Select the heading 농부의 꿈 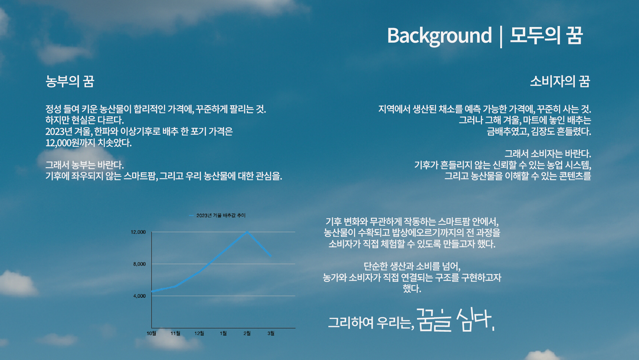click(x=70, y=81)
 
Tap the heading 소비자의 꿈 click(x=560, y=81)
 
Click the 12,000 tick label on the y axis click(x=138, y=232)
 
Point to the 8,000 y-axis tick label click(x=139, y=264)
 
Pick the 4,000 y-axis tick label click(x=139, y=296)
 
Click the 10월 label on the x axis click(x=151, y=333)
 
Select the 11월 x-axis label click(x=175, y=333)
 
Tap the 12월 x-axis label click(x=199, y=333)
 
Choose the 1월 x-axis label click(x=223, y=333)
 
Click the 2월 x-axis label click(x=247, y=333)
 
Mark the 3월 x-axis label click(x=271, y=333)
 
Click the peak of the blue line click(x=247, y=232)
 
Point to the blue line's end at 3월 click(x=271, y=256)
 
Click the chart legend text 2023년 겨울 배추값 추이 click(x=221, y=215)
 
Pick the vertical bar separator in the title click(x=501, y=36)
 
